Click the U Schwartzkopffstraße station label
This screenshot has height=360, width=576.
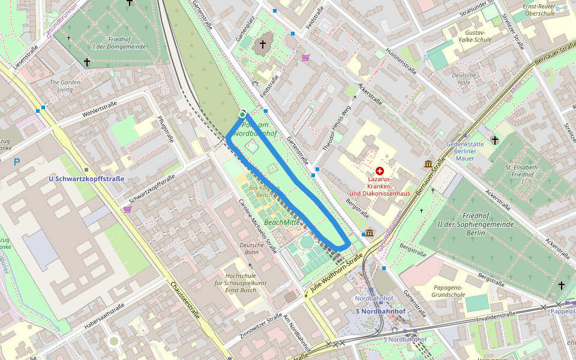point(86,179)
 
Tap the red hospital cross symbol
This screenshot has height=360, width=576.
point(379,171)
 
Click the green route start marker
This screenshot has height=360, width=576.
point(242,114)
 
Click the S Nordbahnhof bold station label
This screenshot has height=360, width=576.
point(380,311)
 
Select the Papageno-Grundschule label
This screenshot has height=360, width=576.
point(448,291)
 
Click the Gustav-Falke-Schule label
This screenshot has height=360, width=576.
point(470,36)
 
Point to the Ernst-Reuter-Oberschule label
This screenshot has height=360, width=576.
point(545,10)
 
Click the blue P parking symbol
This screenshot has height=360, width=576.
point(16,162)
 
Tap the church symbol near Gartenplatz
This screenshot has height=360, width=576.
point(262,44)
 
